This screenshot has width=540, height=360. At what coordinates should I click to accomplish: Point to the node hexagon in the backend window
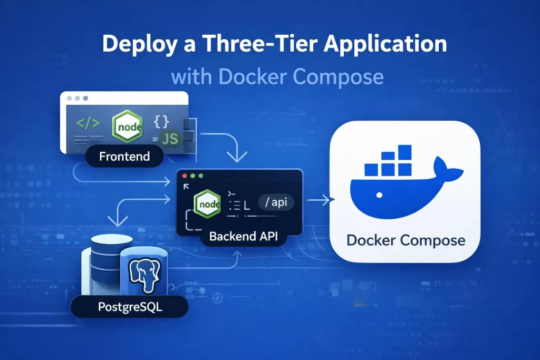[x=207, y=203]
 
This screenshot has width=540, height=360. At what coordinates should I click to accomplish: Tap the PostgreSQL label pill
[x=130, y=307]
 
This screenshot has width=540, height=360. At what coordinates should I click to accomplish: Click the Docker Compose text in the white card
[x=406, y=240]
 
